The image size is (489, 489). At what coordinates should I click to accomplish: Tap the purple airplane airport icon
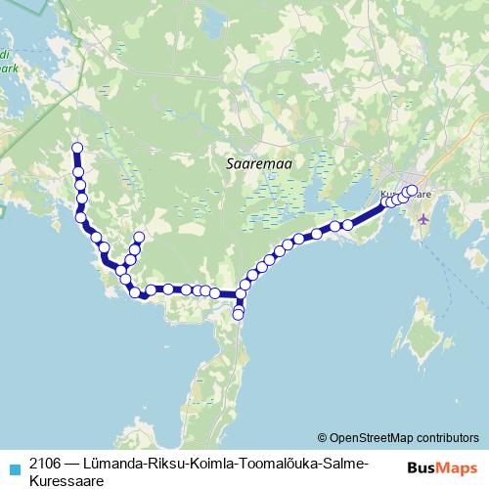[422, 219]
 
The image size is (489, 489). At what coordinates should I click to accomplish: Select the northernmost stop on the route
[76, 148]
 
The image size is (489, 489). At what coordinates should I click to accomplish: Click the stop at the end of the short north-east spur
[140, 237]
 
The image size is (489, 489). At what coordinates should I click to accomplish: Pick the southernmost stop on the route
[239, 315]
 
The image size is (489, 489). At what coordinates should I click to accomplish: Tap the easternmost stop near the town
[412, 190]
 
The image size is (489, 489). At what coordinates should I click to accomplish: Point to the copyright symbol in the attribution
[322, 437]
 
